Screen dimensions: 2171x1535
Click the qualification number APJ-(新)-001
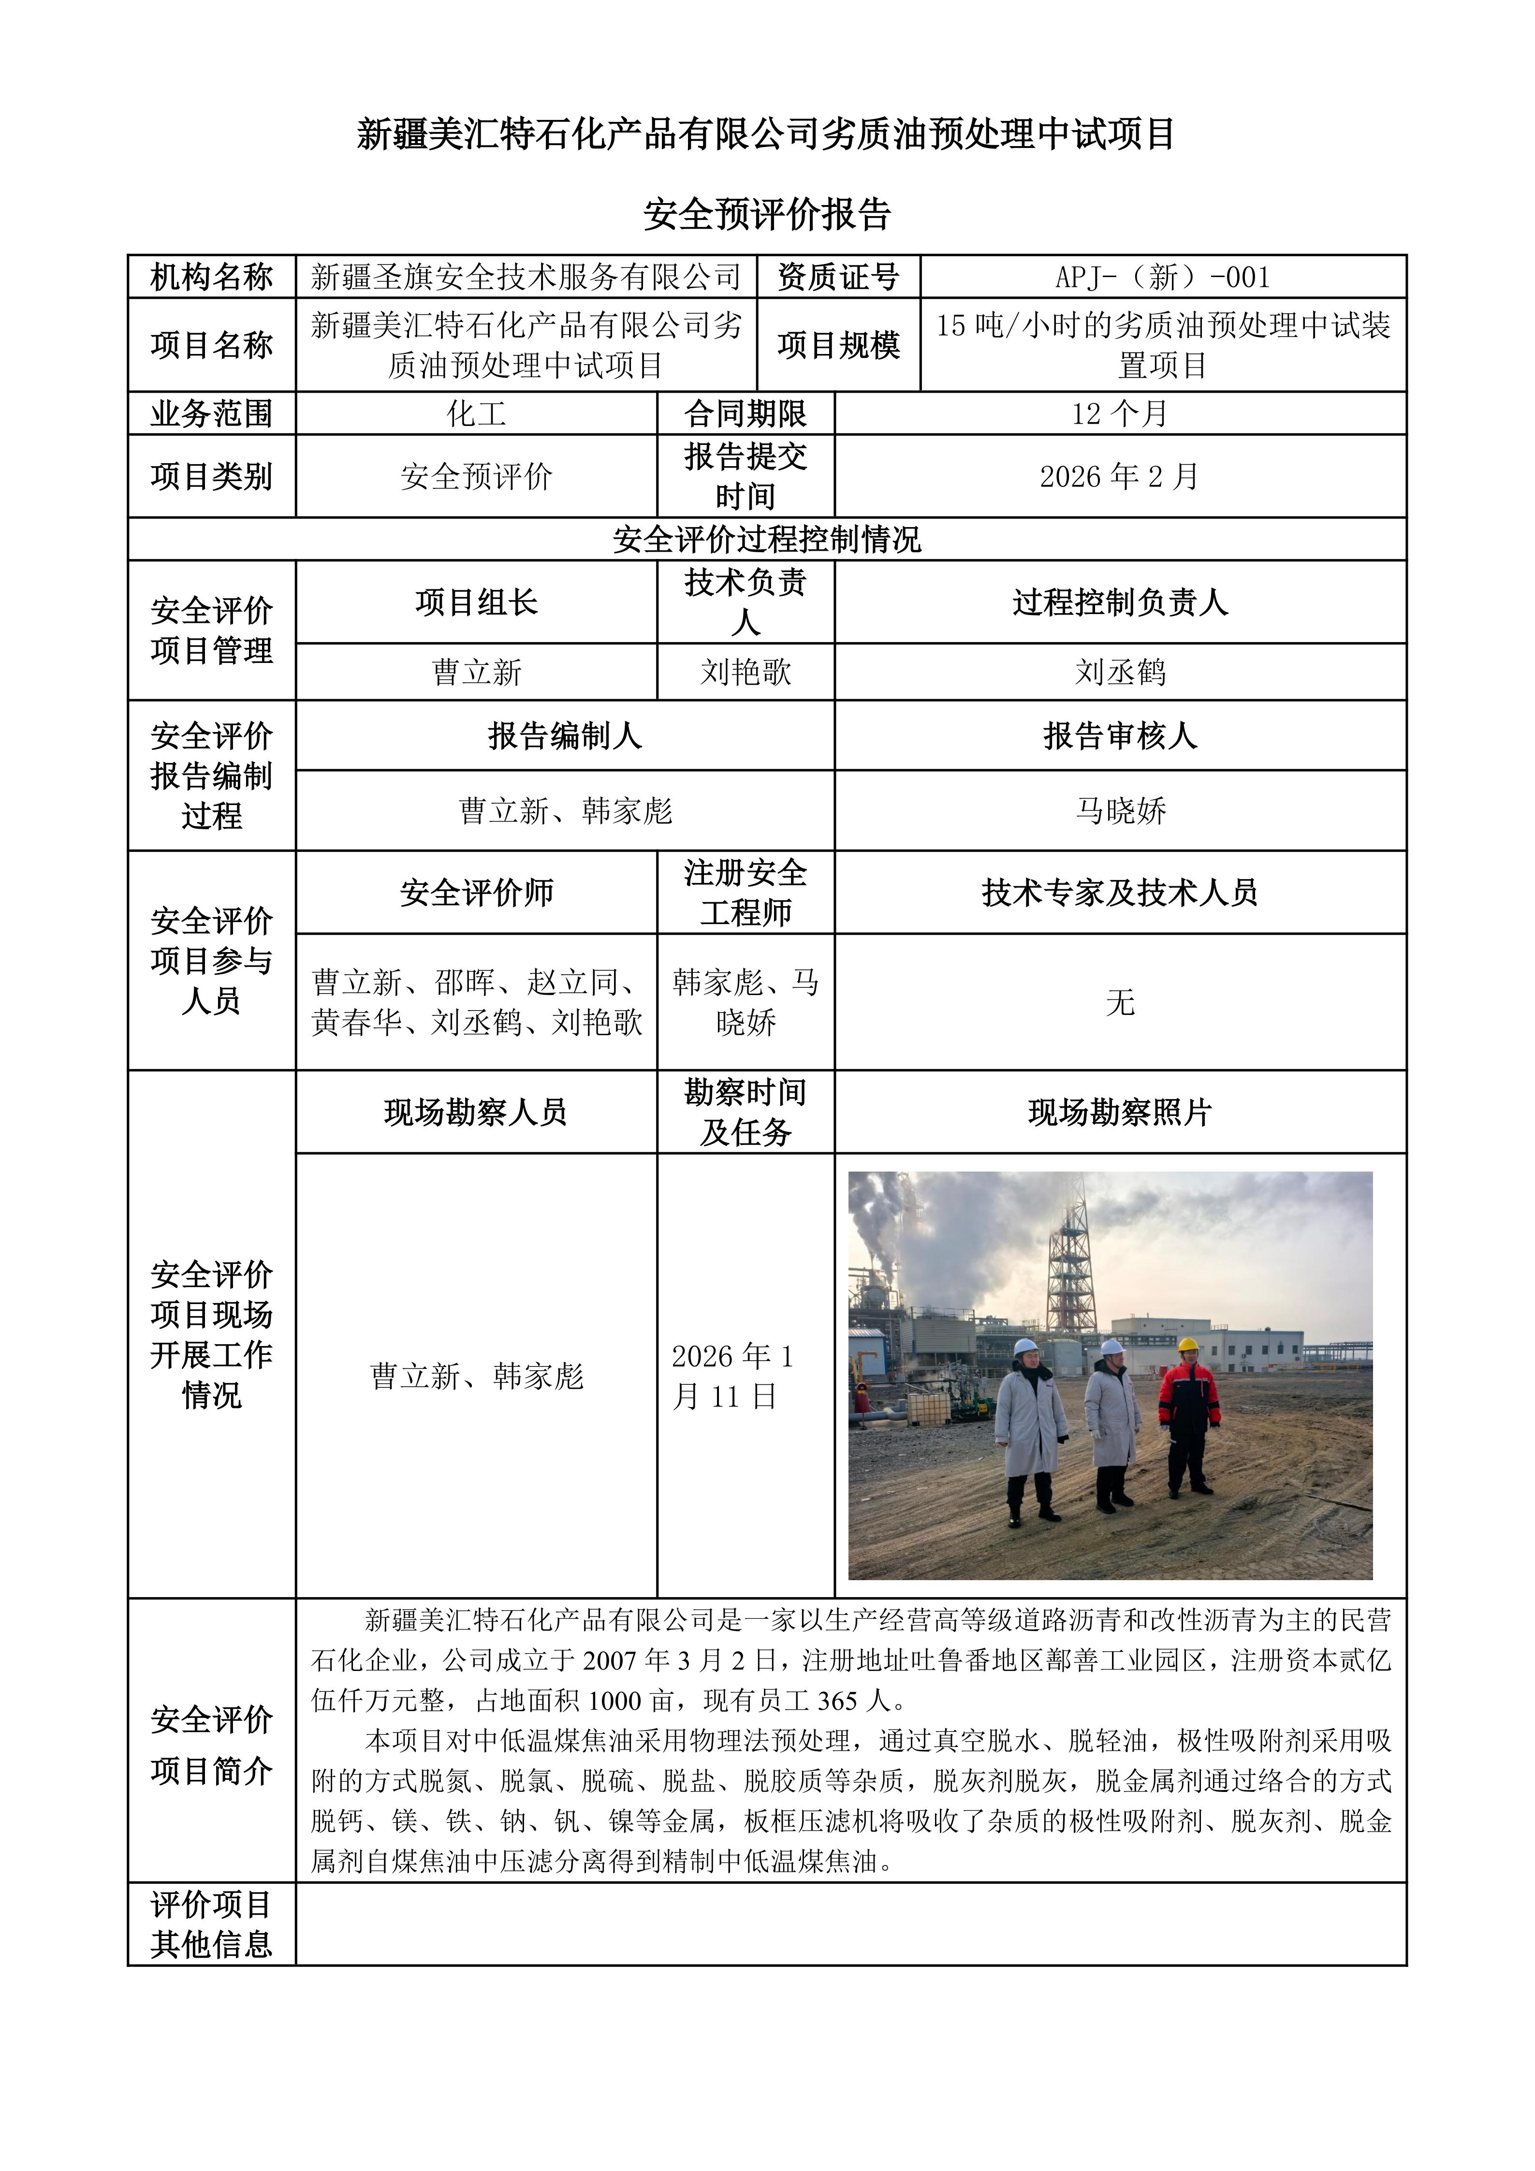coord(1163,277)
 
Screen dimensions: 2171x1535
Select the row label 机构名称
coord(212,277)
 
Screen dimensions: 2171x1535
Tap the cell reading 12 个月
coord(1120,413)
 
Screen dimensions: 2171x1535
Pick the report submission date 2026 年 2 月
coord(1120,477)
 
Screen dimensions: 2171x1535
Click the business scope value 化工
coord(476,413)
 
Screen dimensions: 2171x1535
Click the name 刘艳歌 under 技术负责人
coord(746,672)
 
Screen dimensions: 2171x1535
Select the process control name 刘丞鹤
coord(1120,672)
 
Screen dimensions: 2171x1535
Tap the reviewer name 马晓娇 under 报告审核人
coord(1120,810)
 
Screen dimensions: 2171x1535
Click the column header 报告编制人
coord(565,735)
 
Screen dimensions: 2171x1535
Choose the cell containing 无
coord(1120,1002)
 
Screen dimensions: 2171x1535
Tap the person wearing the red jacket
coord(1189,1414)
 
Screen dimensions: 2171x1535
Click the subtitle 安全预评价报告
coord(767,215)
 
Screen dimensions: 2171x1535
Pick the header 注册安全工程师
coord(746,893)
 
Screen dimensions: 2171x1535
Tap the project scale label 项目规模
coord(838,345)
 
